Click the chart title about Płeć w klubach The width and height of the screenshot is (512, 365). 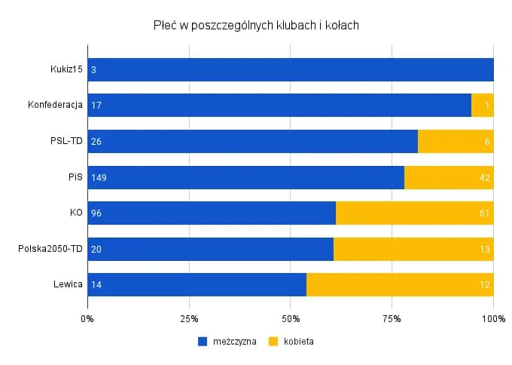(256, 25)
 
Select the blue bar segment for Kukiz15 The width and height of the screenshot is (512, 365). (290, 69)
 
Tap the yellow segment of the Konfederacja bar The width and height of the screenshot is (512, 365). (482, 106)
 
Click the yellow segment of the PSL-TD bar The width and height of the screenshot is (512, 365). (455, 142)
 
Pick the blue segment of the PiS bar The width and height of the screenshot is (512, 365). (245, 177)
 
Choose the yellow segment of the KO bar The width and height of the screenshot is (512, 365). (414, 213)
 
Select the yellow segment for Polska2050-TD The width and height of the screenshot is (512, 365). (413, 249)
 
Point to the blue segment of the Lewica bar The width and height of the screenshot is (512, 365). (197, 285)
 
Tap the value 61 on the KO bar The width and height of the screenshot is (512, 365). (485, 213)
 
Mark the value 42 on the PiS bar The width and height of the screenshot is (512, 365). (485, 178)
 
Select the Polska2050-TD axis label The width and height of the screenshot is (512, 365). (50, 249)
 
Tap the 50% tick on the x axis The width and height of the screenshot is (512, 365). (290, 317)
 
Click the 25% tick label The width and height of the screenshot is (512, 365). (188, 317)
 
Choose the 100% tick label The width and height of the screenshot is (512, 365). (492, 317)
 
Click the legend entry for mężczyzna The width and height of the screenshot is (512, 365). (227, 341)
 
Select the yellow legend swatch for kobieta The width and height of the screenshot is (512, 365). (273, 341)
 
